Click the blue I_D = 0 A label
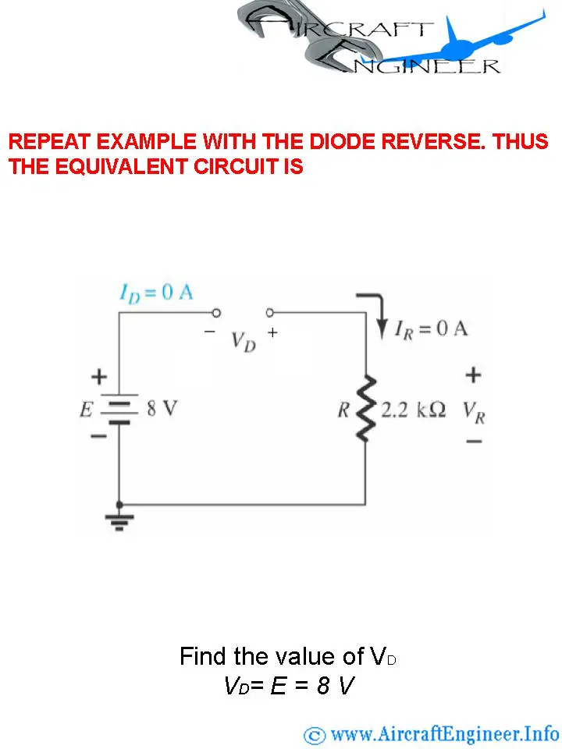[x=156, y=293]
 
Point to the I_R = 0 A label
[x=431, y=329]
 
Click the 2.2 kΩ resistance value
[x=414, y=410]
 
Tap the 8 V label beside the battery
[x=162, y=408]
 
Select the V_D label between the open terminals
[x=244, y=342]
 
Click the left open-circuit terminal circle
[x=216, y=313]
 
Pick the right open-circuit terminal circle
[x=270, y=313]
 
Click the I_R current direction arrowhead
[x=382, y=329]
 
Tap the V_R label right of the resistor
[x=474, y=414]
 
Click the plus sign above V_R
[x=473, y=374]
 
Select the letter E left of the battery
[x=86, y=410]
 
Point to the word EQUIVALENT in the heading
[x=122, y=166]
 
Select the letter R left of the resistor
[x=343, y=410]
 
